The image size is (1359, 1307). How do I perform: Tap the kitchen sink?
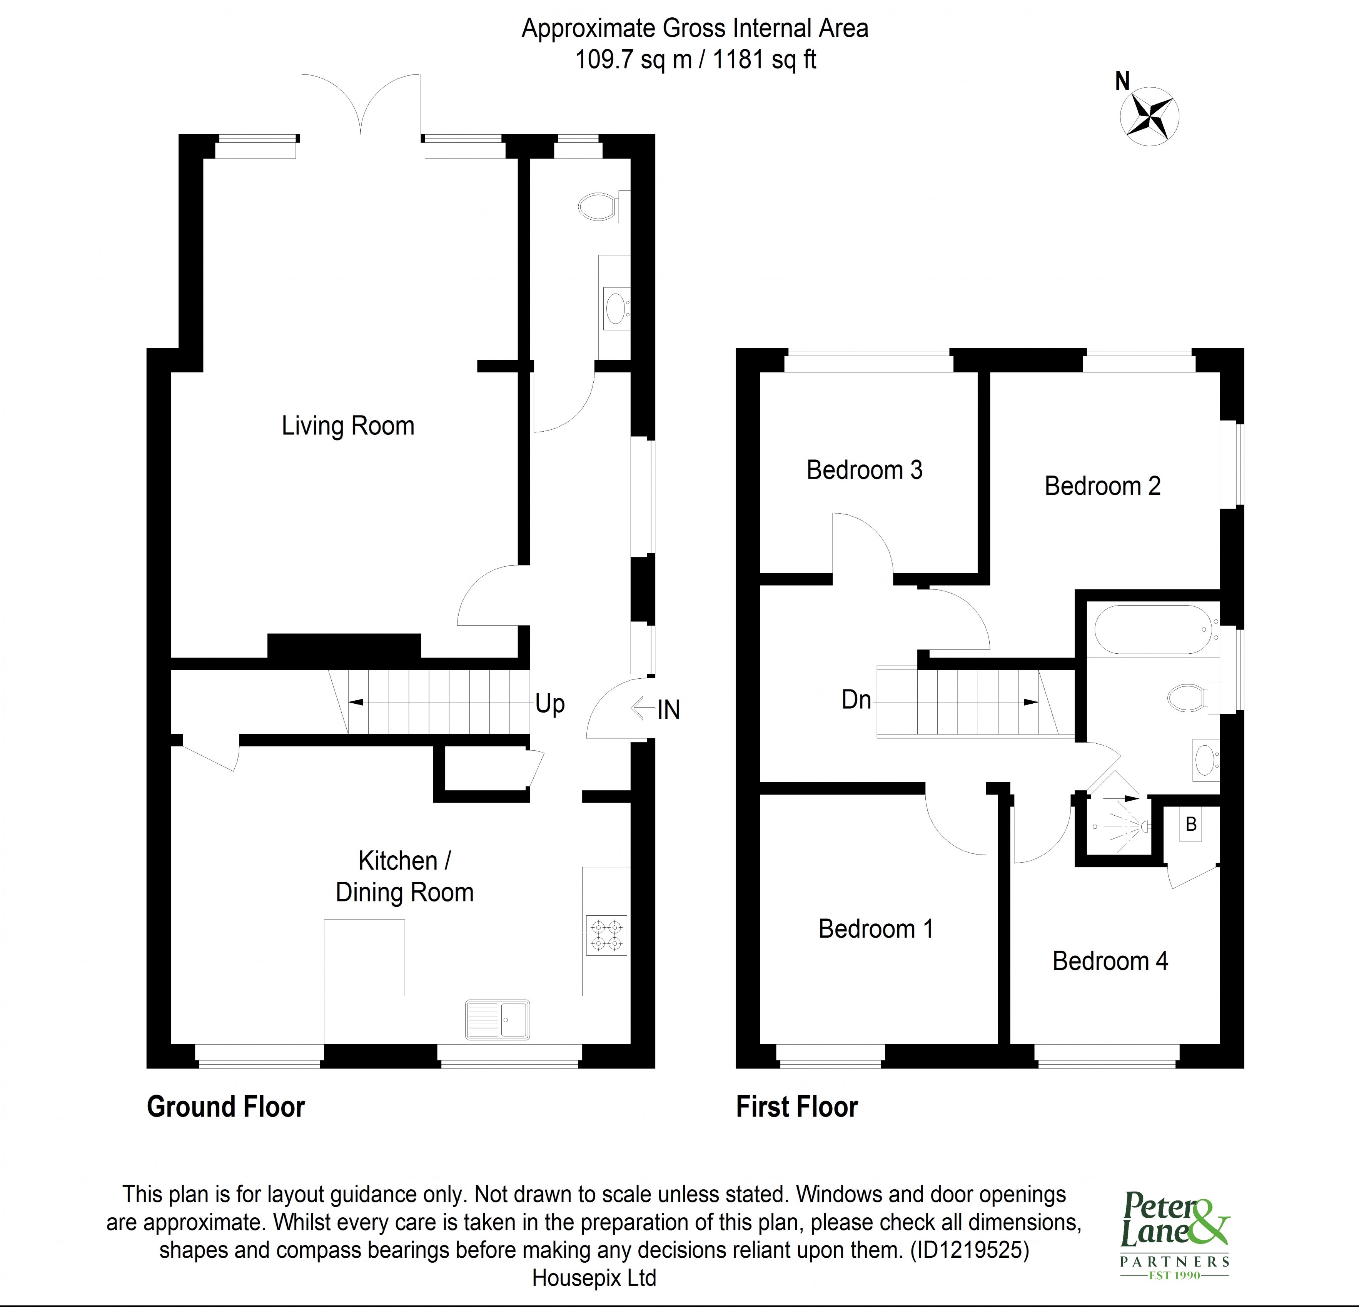[x=497, y=1019]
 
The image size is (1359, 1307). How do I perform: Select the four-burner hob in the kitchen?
[x=607, y=935]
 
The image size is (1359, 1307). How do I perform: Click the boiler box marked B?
[x=1191, y=825]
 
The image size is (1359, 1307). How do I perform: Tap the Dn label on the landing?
[x=856, y=699]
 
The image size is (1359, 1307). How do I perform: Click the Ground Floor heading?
[x=226, y=1107]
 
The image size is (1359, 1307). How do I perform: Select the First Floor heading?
[x=797, y=1107]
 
